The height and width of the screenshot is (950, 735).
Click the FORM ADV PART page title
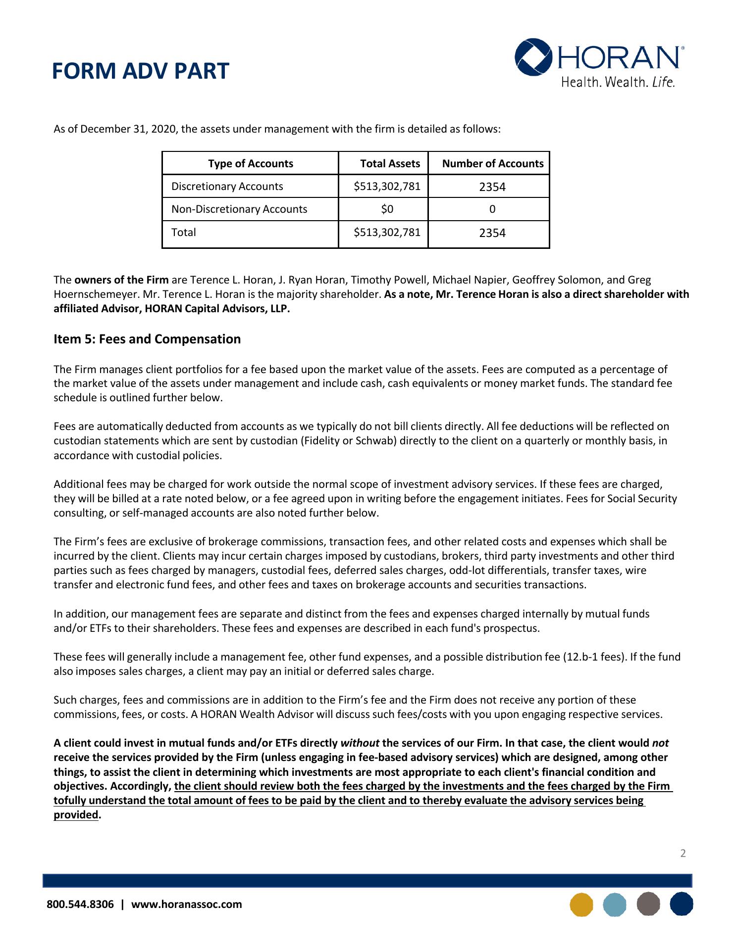pos(140,71)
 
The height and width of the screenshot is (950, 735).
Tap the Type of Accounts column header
pos(250,164)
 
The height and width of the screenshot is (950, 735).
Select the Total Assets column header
pos(390,164)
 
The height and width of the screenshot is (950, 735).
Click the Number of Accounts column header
pos(492,164)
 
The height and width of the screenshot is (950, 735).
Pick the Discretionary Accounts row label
pos(227,187)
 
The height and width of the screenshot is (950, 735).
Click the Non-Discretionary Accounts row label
pos(239,209)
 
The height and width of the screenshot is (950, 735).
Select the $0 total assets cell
pos(387,209)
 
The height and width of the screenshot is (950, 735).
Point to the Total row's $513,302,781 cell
pos(387,232)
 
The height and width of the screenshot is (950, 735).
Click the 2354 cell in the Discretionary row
pos(492,187)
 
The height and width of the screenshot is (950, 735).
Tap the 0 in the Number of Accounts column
pos(492,209)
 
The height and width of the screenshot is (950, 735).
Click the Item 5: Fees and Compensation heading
pos(147,339)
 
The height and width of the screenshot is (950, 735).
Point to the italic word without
pos(360,743)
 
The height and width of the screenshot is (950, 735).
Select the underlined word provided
pos(76,815)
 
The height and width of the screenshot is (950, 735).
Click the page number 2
pos(683,853)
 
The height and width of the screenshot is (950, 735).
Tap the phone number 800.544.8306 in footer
pos(80,904)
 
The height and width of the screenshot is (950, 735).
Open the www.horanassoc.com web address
pos(186,904)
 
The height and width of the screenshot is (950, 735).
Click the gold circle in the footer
pos(581,904)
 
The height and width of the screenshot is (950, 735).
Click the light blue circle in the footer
pos(615,904)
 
